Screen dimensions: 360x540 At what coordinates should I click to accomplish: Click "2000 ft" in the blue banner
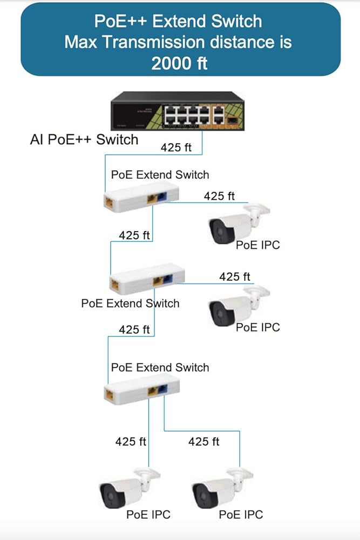(x=180, y=63)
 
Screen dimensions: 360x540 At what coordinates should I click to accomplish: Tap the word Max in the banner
(x=82, y=42)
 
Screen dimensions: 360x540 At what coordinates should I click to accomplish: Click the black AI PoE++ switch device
(x=176, y=111)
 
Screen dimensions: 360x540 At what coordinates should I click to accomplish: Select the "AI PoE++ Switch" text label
(x=84, y=139)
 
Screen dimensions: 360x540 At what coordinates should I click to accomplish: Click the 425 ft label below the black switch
(x=176, y=147)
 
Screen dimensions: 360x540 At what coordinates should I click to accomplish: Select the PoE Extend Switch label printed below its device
(x=130, y=303)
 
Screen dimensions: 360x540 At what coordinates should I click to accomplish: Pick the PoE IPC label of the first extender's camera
(x=258, y=245)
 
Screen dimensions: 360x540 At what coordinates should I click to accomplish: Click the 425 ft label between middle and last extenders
(x=134, y=329)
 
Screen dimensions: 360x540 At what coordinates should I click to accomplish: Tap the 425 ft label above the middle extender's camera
(x=235, y=276)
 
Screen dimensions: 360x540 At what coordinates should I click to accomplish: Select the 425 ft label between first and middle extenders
(x=134, y=235)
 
